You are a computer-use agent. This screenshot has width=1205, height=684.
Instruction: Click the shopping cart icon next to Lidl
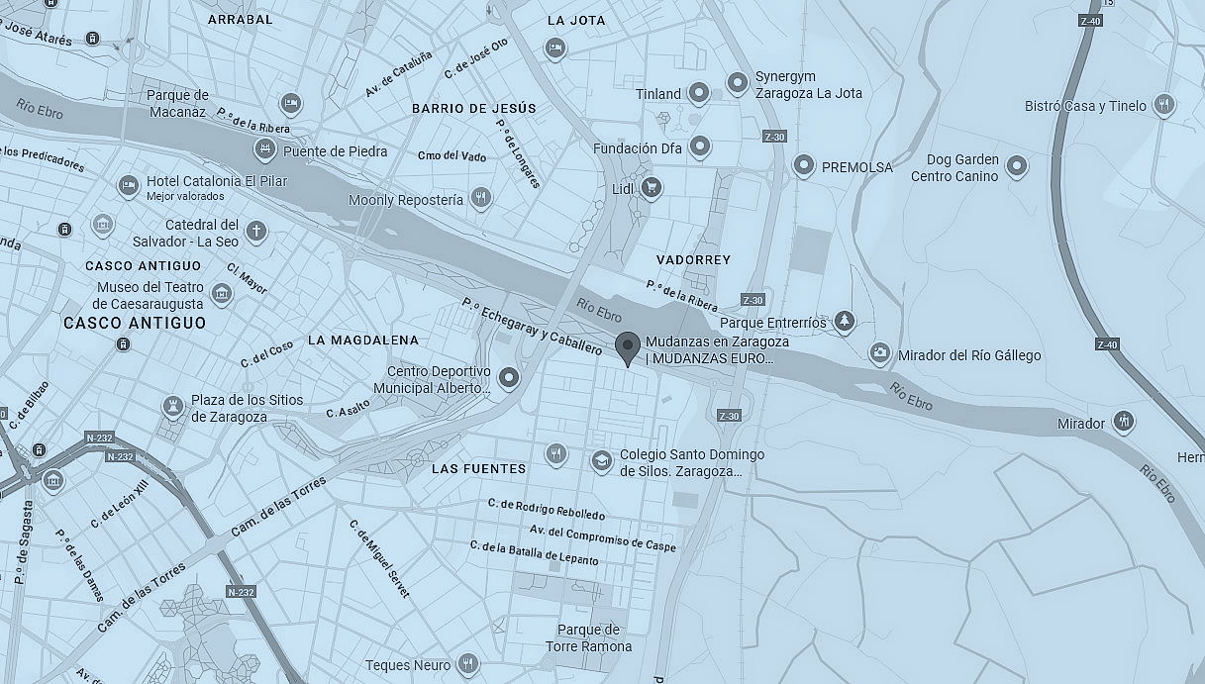651,186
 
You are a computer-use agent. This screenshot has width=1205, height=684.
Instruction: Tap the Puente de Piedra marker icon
264,149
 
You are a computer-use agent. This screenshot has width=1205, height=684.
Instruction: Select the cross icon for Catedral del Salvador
256,232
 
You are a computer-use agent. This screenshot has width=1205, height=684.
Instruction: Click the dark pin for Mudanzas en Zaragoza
626,347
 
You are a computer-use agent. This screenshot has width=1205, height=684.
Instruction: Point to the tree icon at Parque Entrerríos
844,320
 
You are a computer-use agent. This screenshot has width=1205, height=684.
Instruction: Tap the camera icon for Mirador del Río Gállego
879,353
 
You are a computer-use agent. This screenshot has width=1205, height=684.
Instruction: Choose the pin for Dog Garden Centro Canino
1016,166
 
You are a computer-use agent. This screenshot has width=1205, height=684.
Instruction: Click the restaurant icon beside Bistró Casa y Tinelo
1163,104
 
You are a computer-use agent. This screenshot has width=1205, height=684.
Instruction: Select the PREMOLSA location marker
804,165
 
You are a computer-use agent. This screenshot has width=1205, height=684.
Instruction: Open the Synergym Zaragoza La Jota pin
737,83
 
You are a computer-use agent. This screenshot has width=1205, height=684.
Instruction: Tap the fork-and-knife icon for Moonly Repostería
481,198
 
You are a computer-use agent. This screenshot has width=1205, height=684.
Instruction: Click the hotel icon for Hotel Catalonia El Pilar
128,185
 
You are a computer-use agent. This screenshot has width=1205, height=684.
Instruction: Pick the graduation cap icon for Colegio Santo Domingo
601,460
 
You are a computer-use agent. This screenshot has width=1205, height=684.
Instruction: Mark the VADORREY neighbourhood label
693,259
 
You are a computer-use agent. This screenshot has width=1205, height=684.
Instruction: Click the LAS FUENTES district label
478,468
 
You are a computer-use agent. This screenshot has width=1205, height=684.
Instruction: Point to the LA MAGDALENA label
362,340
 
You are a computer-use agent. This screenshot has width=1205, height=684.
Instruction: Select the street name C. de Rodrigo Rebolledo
547,509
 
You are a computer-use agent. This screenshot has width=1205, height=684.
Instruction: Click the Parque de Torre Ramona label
588,638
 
